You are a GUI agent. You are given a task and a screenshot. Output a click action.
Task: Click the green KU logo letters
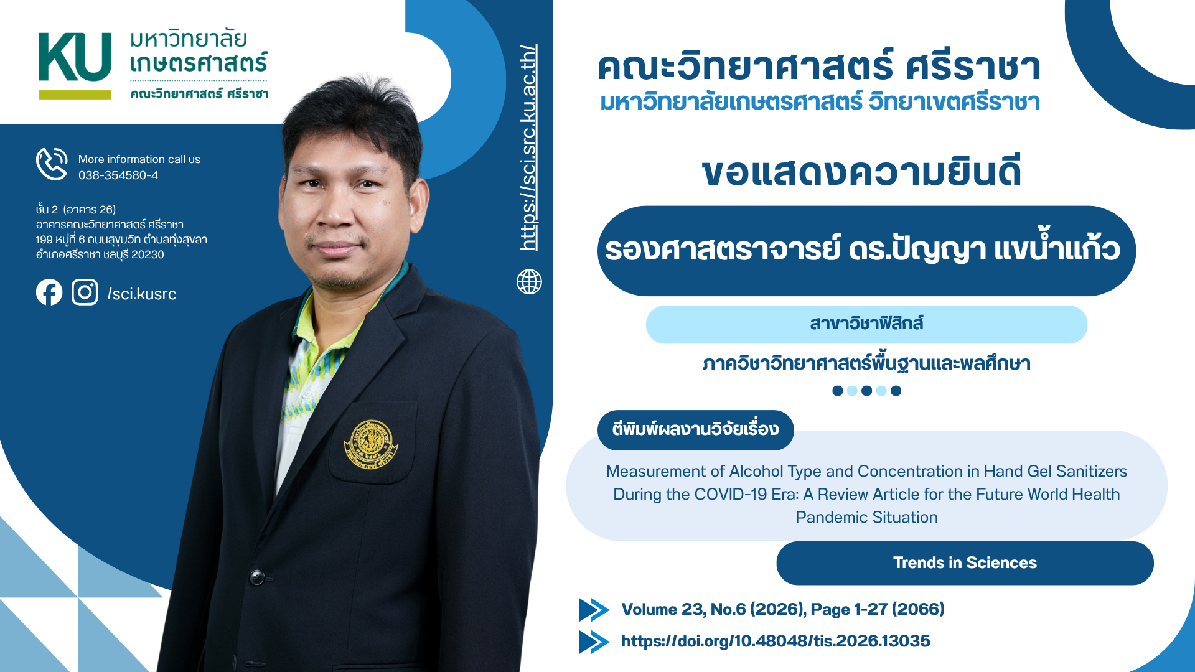coord(75,57)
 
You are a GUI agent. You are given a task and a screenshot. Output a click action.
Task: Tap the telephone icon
coord(52,164)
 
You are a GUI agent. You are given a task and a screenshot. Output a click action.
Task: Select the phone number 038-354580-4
coord(118,175)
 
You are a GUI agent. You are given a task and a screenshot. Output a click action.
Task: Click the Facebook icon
coord(49,292)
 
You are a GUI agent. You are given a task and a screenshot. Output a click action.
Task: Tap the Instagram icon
coord(85,292)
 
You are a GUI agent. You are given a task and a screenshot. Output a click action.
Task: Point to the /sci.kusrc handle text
coord(142,294)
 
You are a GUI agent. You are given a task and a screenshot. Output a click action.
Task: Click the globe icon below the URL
coord(529,282)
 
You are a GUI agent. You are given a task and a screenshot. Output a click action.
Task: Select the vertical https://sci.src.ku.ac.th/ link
coord(528,147)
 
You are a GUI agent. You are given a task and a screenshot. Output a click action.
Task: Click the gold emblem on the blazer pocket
coord(370,444)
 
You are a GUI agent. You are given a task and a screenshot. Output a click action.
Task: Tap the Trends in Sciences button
coord(965,563)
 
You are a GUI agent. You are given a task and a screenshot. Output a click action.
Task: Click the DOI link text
coord(776,641)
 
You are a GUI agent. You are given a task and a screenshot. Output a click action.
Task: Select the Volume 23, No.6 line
coord(783,609)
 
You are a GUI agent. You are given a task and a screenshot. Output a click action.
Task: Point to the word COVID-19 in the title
coord(731,494)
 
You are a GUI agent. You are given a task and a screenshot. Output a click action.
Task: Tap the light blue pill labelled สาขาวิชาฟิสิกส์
coord(866,324)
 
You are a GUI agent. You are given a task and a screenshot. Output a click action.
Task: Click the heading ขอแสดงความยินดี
coord(861,172)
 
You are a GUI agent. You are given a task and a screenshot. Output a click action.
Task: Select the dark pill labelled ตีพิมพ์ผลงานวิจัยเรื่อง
coord(695,430)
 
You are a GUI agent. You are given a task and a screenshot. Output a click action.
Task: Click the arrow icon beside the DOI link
coord(594,642)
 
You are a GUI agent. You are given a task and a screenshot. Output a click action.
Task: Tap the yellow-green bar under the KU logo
coord(75,95)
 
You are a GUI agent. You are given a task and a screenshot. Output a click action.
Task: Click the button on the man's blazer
coord(257,577)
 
